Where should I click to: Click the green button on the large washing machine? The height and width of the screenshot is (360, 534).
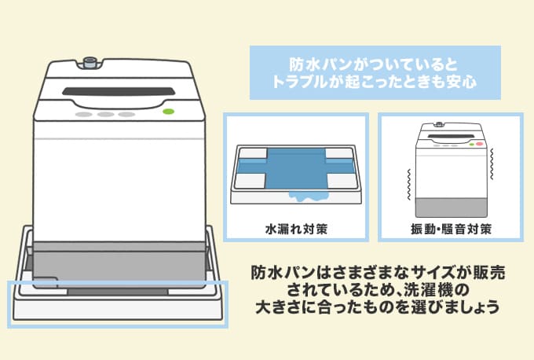tap(167, 113)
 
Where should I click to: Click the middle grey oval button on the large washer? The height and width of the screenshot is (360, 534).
tap(104, 115)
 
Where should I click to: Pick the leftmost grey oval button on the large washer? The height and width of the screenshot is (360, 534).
tap(82, 115)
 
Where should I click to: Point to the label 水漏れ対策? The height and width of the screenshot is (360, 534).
tap(295, 230)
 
